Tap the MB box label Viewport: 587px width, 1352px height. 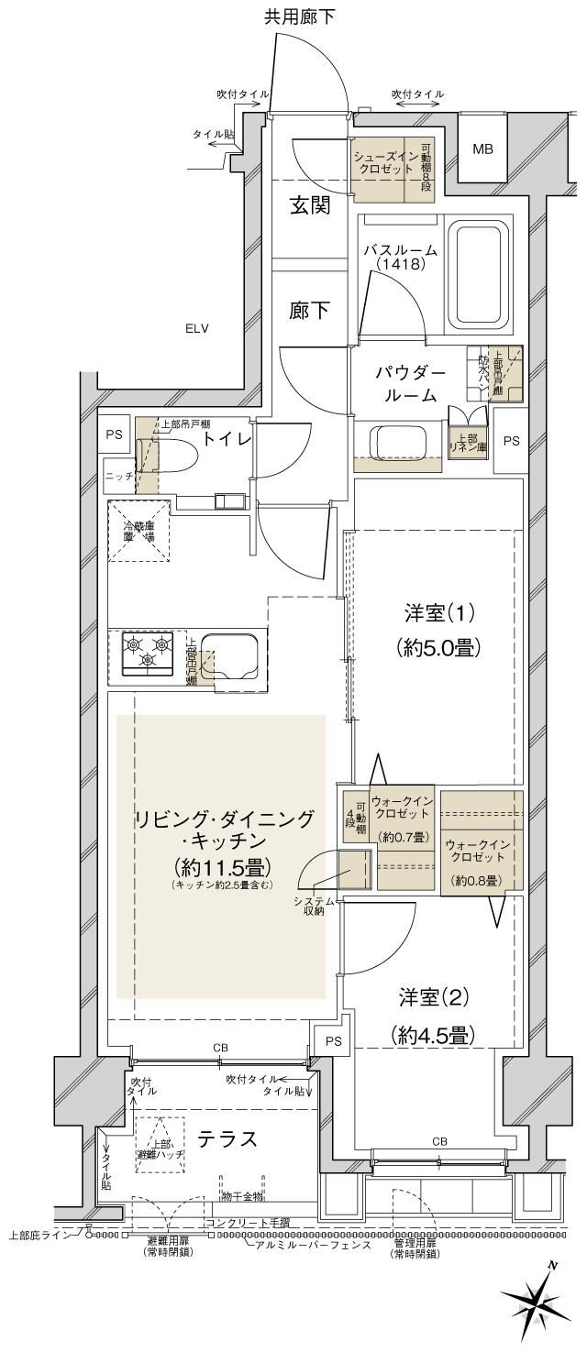coord(482,148)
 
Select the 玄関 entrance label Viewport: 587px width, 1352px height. coord(311,205)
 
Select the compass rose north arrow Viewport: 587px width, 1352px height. coord(535,1303)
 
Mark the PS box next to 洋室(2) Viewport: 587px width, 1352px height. coord(331,1041)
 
